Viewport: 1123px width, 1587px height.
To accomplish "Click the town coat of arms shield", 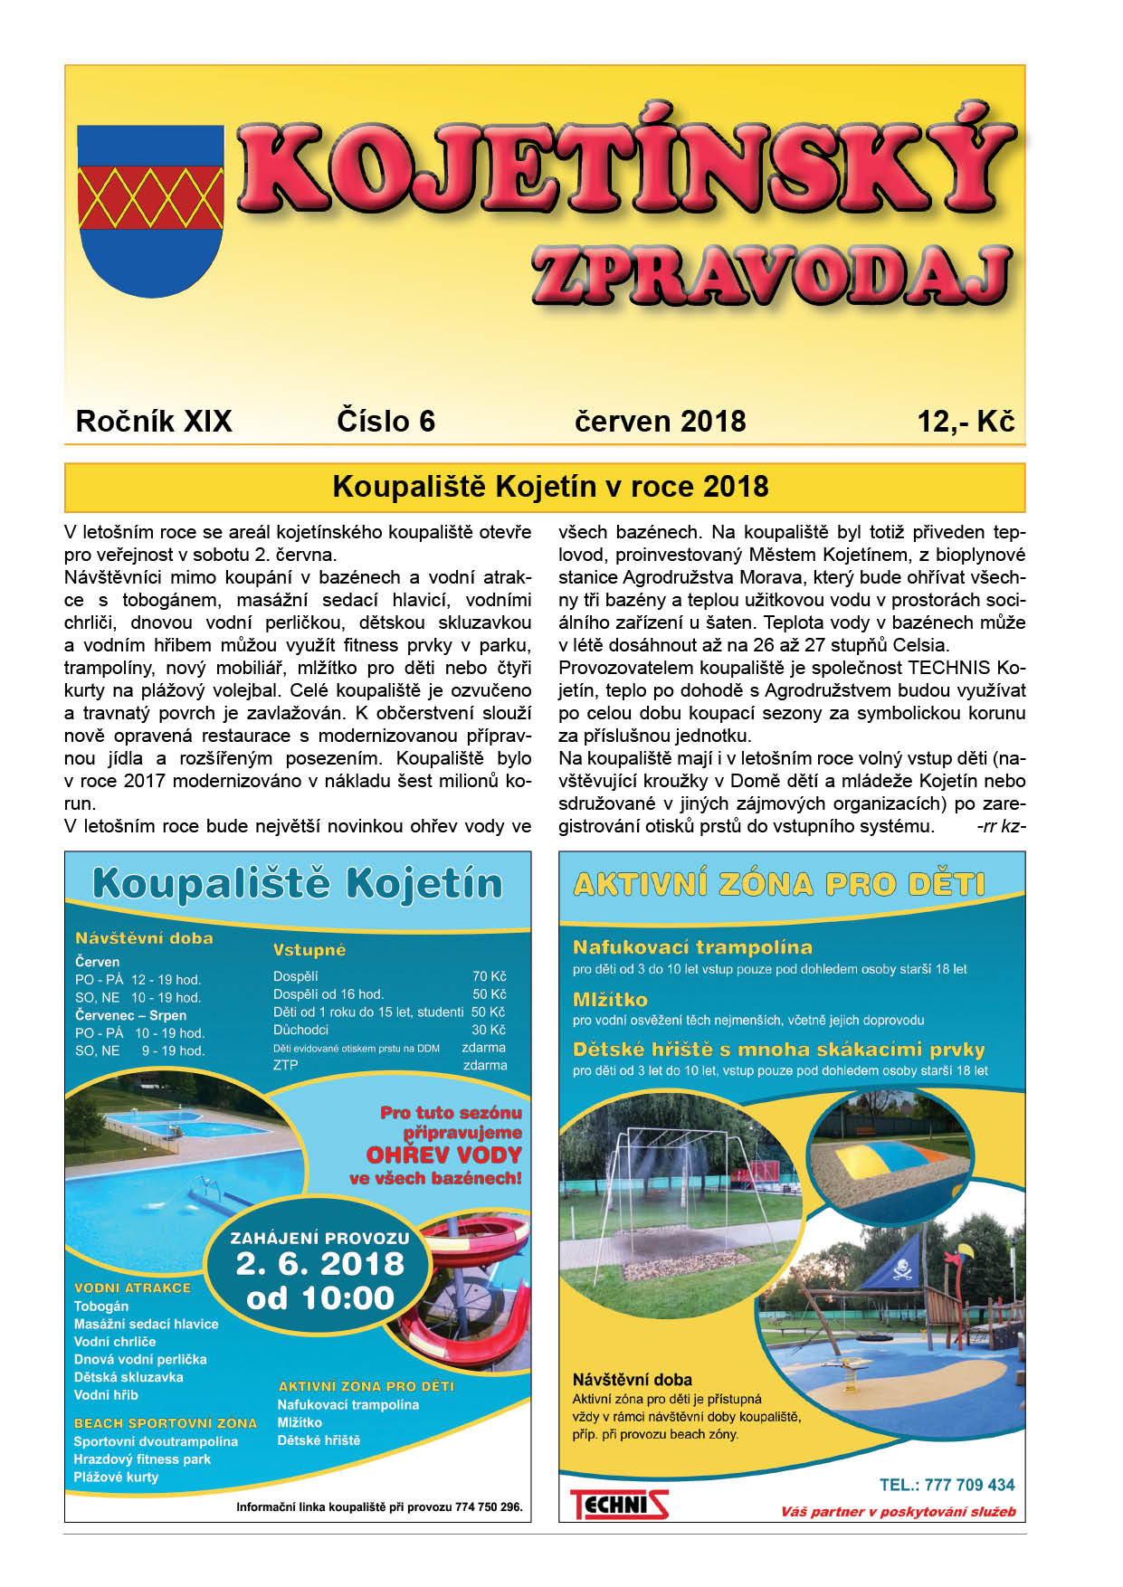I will pyautogui.click(x=150, y=210).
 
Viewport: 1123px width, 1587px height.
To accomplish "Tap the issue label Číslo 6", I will pyautogui.click(x=385, y=422).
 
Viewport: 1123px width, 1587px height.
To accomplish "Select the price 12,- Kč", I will pyautogui.click(x=966, y=422).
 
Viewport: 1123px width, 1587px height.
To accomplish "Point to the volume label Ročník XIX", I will pyautogui.click(x=154, y=422).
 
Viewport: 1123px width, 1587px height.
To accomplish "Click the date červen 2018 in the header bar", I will pyautogui.click(x=660, y=422).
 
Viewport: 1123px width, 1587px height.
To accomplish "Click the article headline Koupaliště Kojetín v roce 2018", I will pyautogui.click(x=550, y=487).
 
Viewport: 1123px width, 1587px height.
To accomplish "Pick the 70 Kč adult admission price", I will pyautogui.click(x=489, y=976).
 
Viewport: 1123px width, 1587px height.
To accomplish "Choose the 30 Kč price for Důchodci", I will pyautogui.click(x=489, y=1030).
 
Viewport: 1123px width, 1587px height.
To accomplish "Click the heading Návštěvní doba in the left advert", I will pyautogui.click(x=144, y=938).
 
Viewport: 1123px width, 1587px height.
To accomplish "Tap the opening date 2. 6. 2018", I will pyautogui.click(x=319, y=1264).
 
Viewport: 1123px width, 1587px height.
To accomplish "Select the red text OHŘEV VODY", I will pyautogui.click(x=443, y=1155).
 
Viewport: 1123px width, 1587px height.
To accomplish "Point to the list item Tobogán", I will pyautogui.click(x=101, y=1306).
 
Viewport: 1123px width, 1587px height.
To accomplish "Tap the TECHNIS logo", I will pyautogui.click(x=619, y=1504).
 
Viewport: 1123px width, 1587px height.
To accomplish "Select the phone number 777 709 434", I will pyautogui.click(x=969, y=1485).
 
